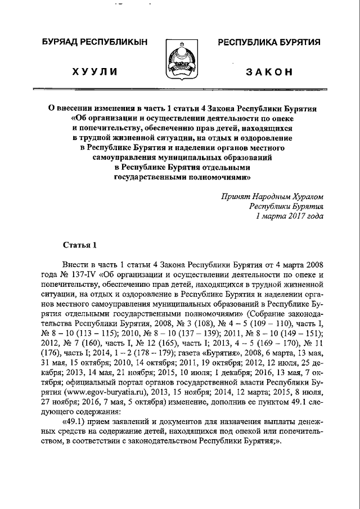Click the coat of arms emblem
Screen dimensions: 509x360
click(x=180, y=61)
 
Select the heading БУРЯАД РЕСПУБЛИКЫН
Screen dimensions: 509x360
click(x=94, y=43)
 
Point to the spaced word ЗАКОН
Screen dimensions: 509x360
click(x=269, y=71)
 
